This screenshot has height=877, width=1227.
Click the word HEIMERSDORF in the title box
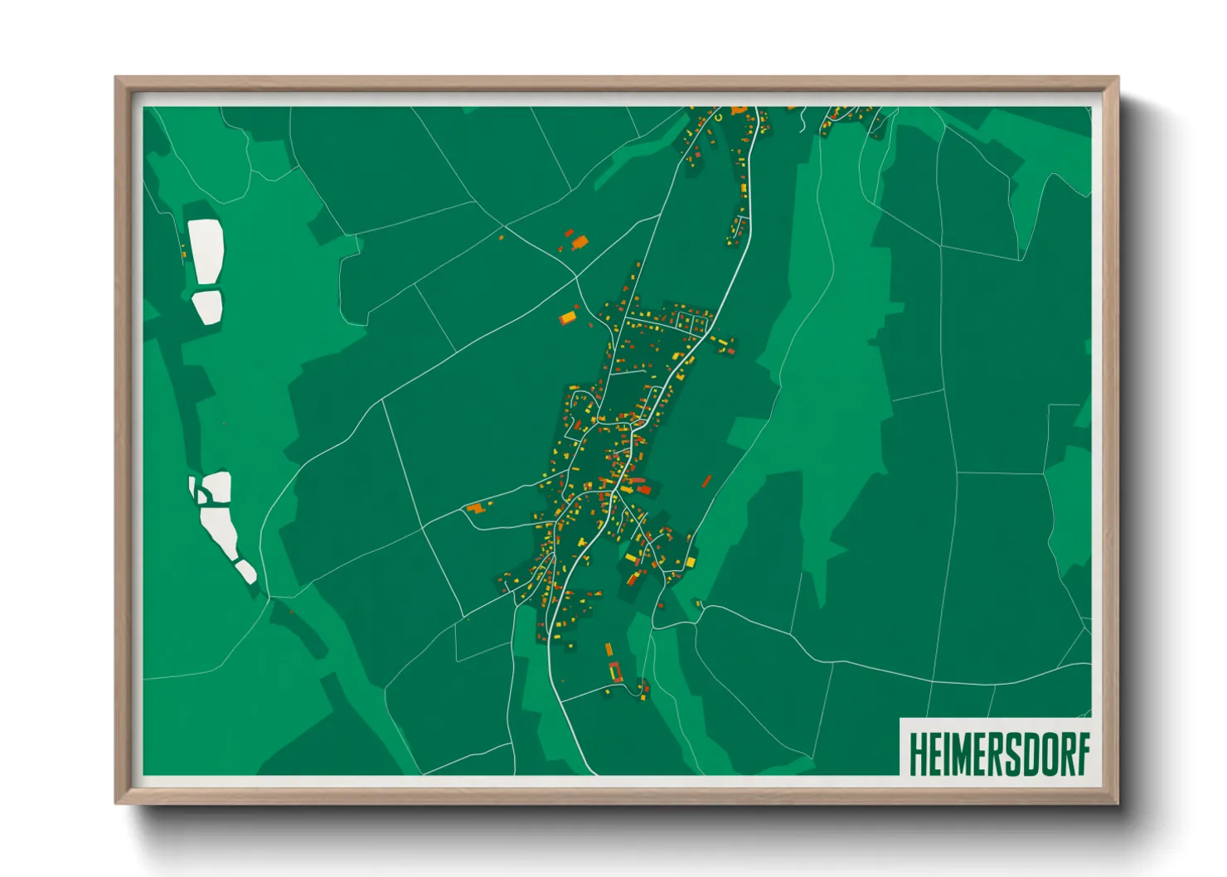tap(997, 753)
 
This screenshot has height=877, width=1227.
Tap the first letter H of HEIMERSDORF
tap(917, 753)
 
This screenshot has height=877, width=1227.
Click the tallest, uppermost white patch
tap(206, 251)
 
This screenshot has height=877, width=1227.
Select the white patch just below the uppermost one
tap(208, 306)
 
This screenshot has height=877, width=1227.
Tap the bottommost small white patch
tap(246, 571)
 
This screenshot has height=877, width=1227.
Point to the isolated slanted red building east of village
tap(706, 481)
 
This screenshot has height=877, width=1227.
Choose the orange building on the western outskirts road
tap(474, 507)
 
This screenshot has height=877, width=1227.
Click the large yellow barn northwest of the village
tap(568, 317)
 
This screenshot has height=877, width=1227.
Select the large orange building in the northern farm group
tap(580, 242)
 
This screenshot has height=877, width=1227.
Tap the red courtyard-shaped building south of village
tap(615, 672)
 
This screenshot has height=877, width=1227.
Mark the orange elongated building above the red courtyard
tap(609, 651)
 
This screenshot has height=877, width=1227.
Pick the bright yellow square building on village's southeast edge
tap(689, 561)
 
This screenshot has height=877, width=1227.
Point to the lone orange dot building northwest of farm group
tap(501, 238)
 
